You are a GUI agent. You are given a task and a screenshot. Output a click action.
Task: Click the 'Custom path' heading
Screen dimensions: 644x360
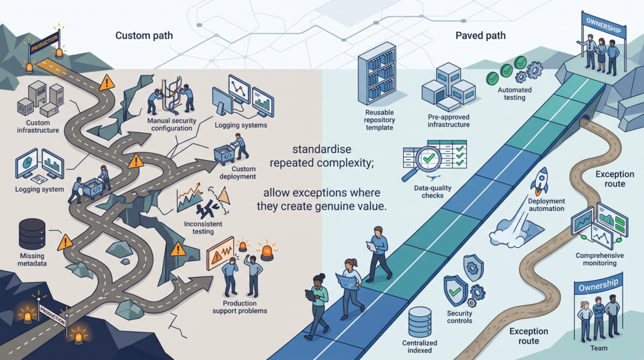point(144,36)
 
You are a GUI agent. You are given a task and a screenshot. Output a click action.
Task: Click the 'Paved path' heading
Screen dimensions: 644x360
point(480,36)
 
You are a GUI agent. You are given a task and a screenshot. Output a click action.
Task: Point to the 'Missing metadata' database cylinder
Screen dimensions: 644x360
point(32,234)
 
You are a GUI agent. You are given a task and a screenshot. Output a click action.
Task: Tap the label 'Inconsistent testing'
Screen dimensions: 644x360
point(203,228)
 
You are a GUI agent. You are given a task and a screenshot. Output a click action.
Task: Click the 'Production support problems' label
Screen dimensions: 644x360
point(240,307)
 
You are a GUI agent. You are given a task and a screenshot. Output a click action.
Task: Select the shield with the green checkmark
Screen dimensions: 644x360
point(455,291)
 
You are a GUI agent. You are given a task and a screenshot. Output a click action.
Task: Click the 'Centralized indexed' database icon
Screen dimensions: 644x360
point(419,322)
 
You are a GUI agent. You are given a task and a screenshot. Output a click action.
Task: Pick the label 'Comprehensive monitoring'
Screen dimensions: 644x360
point(599,259)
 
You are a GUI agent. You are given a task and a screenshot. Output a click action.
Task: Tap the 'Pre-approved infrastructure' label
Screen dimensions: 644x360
point(448,121)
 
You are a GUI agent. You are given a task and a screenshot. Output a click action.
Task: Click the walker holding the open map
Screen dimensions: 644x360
point(349,288)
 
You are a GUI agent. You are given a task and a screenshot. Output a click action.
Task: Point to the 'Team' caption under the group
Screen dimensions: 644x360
point(599,348)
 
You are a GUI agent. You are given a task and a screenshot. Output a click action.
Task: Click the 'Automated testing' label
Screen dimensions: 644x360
point(514,94)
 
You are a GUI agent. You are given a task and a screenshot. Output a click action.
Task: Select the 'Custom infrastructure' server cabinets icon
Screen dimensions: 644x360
point(40,99)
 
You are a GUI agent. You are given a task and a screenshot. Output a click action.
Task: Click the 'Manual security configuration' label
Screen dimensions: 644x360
point(172,125)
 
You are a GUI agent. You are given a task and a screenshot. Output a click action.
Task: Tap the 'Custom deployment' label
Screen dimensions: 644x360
point(238,172)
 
